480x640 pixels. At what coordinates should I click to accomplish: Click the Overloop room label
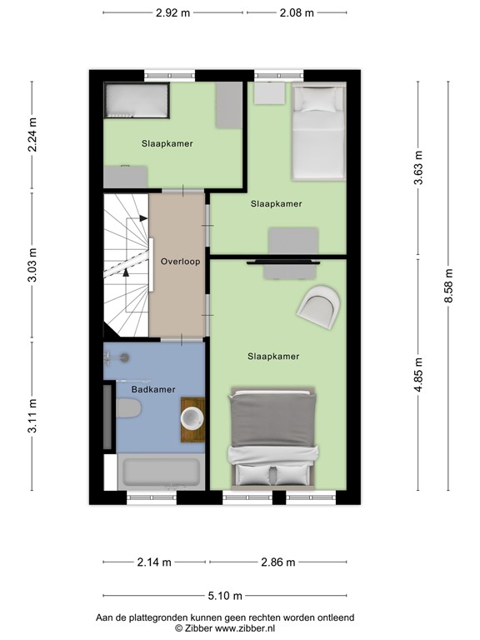[x=180, y=262]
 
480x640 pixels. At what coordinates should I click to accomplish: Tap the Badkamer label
[x=153, y=389]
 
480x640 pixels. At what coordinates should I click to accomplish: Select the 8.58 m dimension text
[x=448, y=286]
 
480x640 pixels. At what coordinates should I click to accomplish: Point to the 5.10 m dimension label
[x=225, y=596]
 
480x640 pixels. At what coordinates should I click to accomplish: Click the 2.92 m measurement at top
[x=173, y=12]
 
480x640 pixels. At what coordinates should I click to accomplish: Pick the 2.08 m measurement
[x=297, y=12]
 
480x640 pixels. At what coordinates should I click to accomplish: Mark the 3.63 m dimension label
[x=418, y=167]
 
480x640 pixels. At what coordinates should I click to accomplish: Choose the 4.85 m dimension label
[x=418, y=375]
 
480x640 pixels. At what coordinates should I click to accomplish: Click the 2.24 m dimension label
[x=32, y=135]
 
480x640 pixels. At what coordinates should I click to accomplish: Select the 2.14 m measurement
[x=154, y=562]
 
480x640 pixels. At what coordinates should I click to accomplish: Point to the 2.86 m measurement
[x=278, y=562]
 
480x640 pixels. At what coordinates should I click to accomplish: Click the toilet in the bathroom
[x=128, y=407]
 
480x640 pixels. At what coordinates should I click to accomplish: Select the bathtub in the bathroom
[x=161, y=472]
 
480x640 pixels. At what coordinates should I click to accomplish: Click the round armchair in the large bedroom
[x=319, y=306]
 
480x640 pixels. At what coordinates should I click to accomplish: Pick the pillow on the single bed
[x=318, y=99]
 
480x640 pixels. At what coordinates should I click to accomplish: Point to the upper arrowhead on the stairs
[x=143, y=218]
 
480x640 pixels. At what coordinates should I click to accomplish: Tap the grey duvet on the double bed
[x=272, y=420]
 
